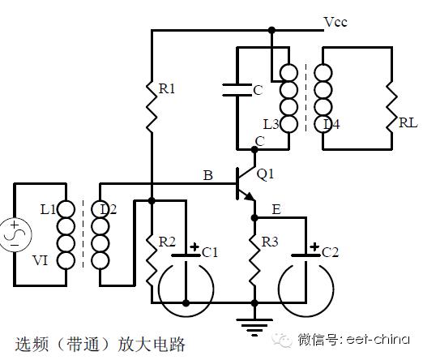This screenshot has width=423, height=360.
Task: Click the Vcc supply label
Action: tap(335, 22)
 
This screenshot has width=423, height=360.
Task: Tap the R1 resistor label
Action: tap(167, 88)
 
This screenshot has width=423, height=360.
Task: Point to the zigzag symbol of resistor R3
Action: tap(254, 259)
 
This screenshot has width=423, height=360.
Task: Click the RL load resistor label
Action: tap(408, 123)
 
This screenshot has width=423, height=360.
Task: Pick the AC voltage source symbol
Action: tap(15, 234)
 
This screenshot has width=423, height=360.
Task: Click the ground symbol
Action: tap(254, 327)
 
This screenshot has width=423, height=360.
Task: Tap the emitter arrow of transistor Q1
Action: tap(249, 196)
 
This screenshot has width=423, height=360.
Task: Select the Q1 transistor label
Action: tap(265, 174)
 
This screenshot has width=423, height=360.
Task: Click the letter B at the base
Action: tap(208, 175)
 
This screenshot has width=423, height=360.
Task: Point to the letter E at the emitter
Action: tap(276, 209)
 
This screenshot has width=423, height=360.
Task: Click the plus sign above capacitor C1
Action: tap(194, 247)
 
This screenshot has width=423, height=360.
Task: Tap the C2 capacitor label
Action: tap(330, 252)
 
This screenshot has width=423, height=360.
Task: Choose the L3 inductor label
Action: tap(271, 124)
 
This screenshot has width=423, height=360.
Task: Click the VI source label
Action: tap(41, 261)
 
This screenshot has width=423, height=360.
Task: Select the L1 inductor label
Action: tap(48, 209)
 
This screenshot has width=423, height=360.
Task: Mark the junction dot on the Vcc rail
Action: tap(271, 30)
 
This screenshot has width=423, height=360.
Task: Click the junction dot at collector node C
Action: tap(254, 149)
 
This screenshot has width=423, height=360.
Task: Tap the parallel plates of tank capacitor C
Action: tap(237, 90)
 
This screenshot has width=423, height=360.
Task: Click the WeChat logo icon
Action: tap(283, 340)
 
